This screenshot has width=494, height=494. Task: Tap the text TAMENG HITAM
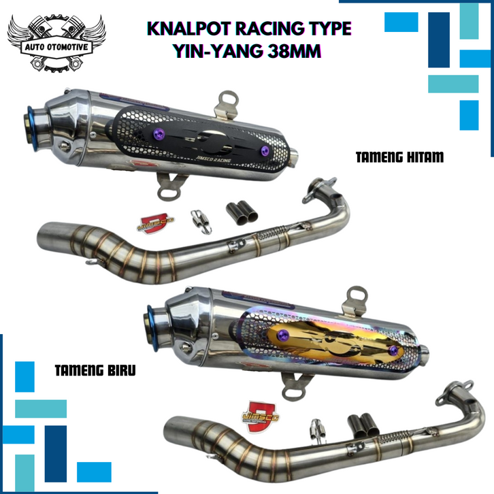(x=399, y=157)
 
